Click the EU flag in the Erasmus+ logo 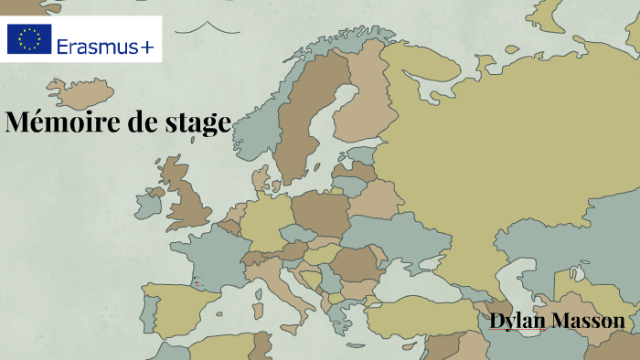point(29,39)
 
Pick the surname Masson point(590,321)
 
